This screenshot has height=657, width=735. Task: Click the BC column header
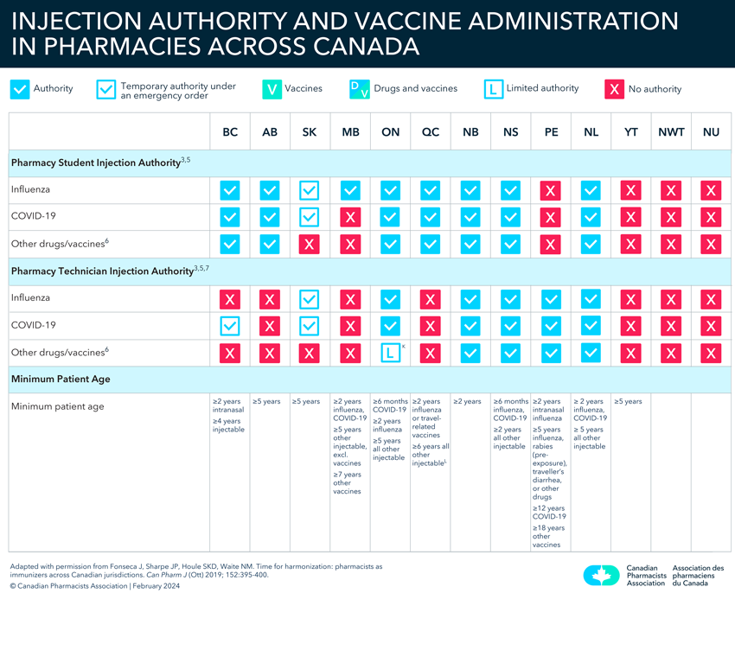[230, 132]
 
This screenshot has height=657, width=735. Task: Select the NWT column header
[671, 132]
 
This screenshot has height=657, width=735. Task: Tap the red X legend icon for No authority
[614, 88]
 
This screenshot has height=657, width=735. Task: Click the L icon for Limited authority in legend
[493, 88]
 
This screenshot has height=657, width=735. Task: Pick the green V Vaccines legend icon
[272, 88]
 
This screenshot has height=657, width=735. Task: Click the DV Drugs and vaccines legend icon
[360, 88]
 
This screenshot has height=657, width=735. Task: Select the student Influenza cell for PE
[551, 190]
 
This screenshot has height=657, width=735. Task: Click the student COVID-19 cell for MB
[350, 217]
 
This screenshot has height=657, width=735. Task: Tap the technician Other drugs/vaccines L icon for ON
[391, 353]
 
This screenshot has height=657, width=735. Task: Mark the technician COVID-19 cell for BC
[230, 326]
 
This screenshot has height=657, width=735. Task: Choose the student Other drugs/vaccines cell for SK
[310, 244]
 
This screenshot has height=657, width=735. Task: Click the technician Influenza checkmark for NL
[591, 298]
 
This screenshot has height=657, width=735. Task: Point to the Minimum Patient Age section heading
[61, 379]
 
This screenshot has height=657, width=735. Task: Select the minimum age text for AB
[265, 402]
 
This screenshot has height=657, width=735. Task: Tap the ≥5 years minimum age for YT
[628, 402]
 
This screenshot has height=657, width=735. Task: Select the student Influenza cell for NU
[711, 190]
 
